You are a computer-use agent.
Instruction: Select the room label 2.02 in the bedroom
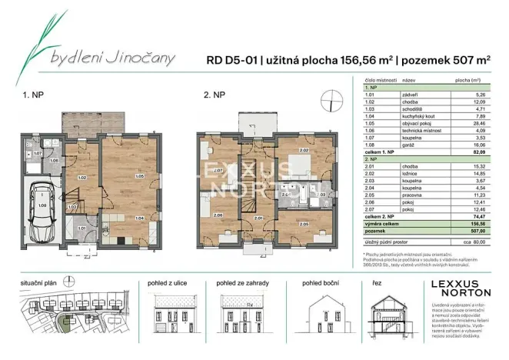coord(304,151)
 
